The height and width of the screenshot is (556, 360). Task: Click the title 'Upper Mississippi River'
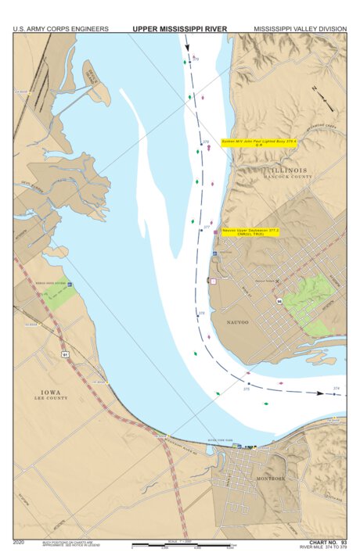tap(179, 28)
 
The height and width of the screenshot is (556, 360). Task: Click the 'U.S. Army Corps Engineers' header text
tap(60, 29)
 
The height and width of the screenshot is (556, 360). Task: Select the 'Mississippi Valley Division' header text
tap(300, 29)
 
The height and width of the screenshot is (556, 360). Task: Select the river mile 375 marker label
tap(247, 389)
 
